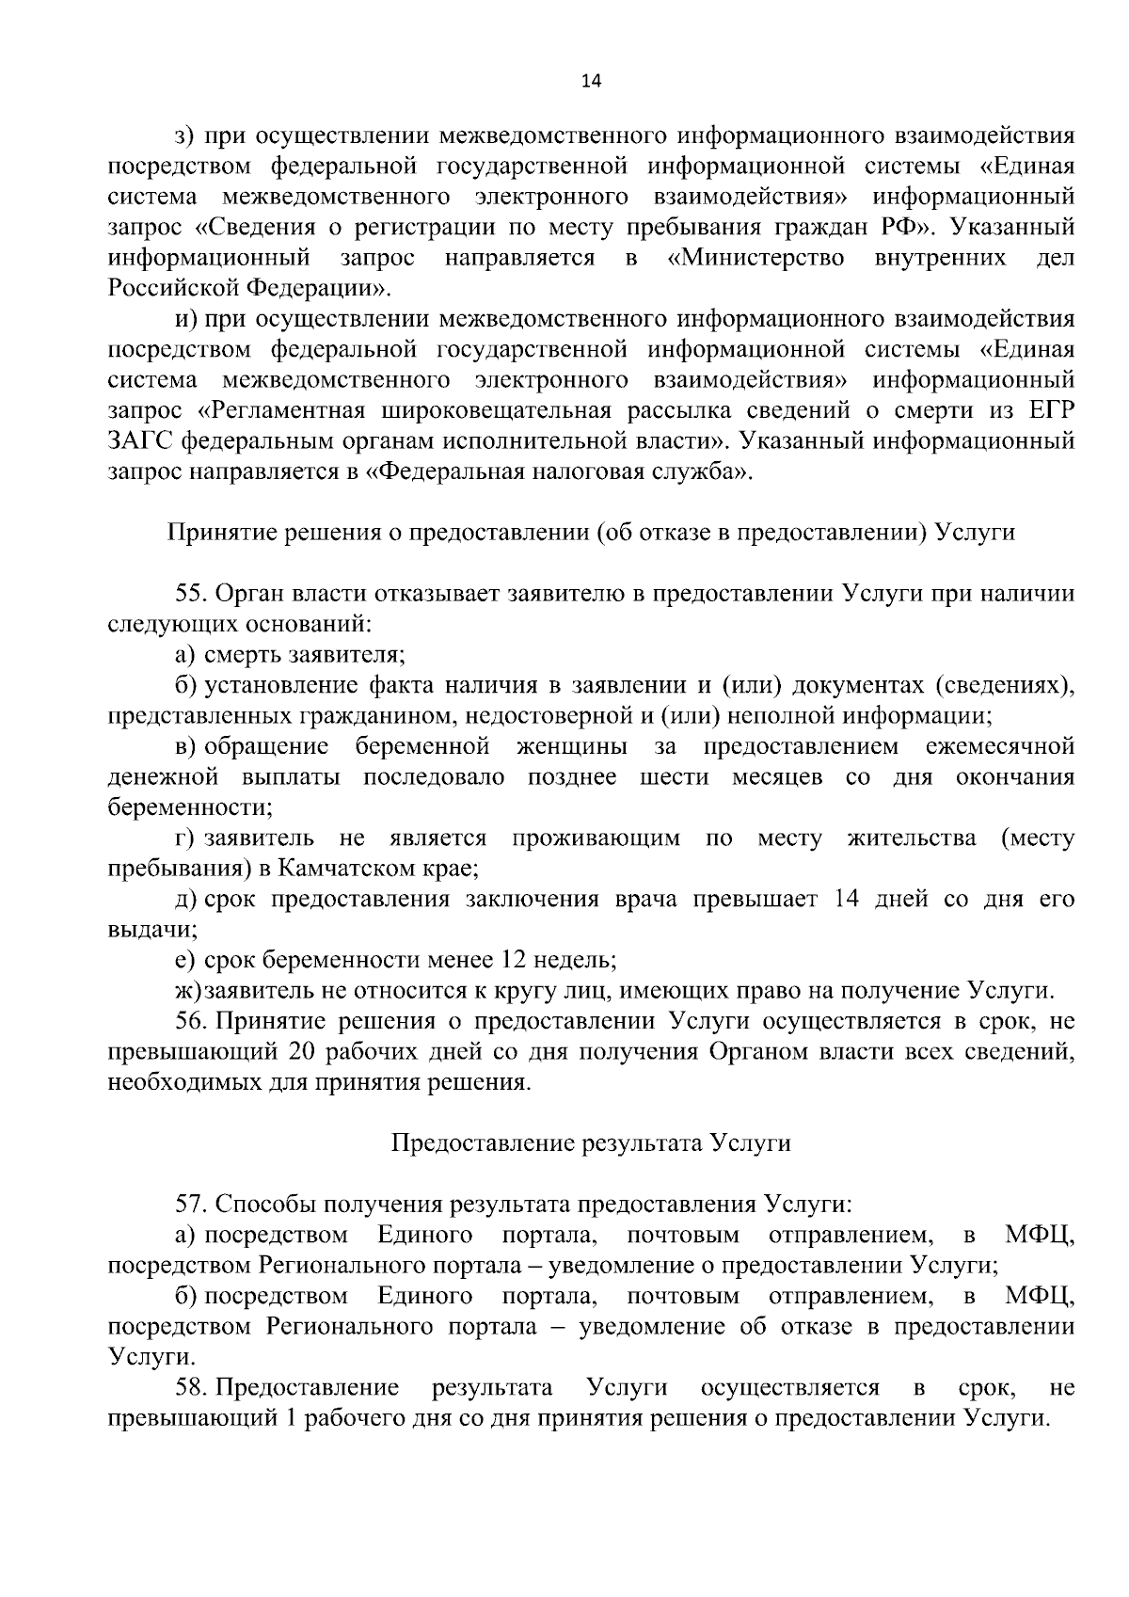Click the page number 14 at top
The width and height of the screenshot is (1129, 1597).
point(590,81)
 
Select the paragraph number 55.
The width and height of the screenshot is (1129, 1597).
point(191,594)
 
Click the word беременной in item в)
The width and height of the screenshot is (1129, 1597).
point(422,747)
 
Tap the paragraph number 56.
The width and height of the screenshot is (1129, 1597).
point(191,1021)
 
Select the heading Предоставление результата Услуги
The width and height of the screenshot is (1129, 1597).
point(590,1143)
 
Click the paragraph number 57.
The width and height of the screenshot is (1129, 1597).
point(191,1205)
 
